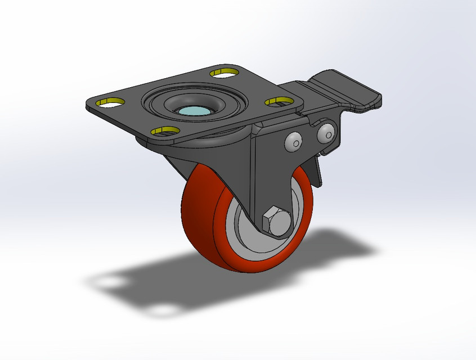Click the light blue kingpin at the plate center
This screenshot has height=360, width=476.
[195, 111]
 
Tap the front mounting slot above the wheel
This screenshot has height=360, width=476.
[164, 132]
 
